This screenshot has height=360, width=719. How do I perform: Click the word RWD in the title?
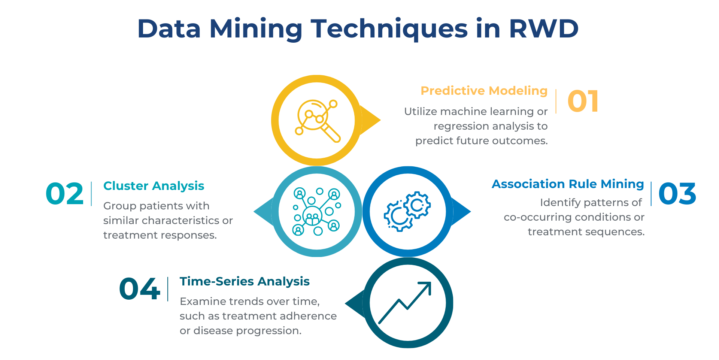pos(543,28)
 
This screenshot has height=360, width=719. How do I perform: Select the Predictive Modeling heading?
pos(484,91)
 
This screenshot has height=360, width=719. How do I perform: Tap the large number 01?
pos(583,101)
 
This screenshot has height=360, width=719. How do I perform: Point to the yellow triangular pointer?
pos(370,120)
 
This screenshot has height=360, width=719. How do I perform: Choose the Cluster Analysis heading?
pos(154,186)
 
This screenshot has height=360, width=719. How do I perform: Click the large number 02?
pos(64,194)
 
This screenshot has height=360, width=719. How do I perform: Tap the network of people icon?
pos(317,212)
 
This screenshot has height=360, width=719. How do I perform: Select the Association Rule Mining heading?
pos(568,184)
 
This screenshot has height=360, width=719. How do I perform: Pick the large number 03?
pos(677,194)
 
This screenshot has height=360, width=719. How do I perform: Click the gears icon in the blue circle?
pos(407,211)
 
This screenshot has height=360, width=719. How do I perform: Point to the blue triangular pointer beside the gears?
pos(461,212)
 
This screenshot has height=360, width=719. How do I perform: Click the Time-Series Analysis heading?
pos(245,281)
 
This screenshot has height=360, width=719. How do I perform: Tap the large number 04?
pos(140,289)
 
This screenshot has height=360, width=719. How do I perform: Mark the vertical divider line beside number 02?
pos(91,194)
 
